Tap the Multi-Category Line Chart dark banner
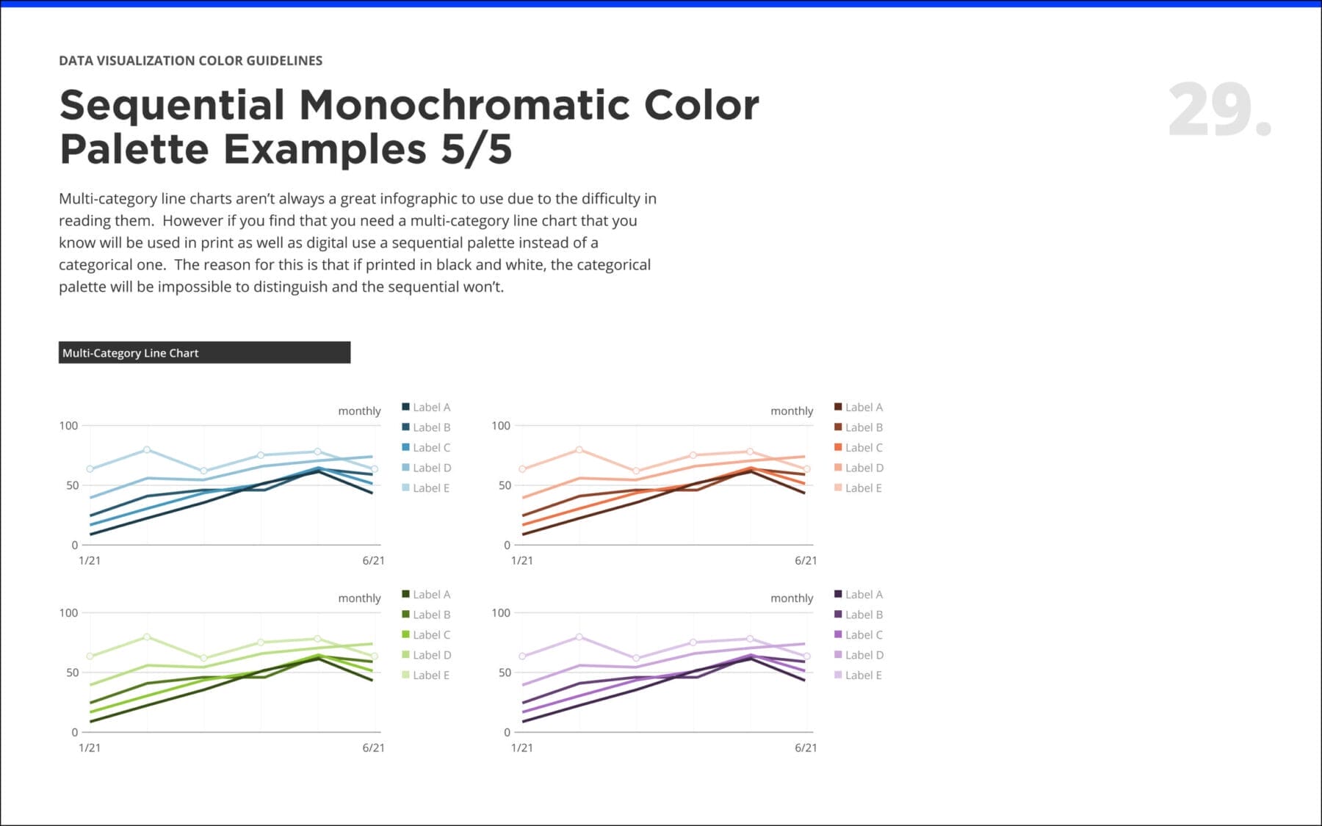click(204, 352)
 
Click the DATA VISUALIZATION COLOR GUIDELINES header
click(190, 61)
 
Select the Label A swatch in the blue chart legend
click(406, 407)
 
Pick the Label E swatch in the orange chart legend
click(838, 488)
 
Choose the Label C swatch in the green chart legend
click(406, 634)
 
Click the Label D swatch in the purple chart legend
click(838, 654)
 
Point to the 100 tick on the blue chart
click(68, 426)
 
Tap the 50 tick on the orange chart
click(505, 485)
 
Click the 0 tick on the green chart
click(74, 732)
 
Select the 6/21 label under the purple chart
click(806, 747)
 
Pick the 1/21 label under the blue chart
click(90, 560)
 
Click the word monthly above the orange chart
click(792, 411)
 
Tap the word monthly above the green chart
click(359, 598)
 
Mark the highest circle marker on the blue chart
click(147, 449)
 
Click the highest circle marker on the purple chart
click(579, 637)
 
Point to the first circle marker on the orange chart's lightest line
click(522, 469)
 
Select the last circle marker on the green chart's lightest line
click(375, 656)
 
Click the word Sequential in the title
click(172, 105)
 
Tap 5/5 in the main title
click(476, 149)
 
